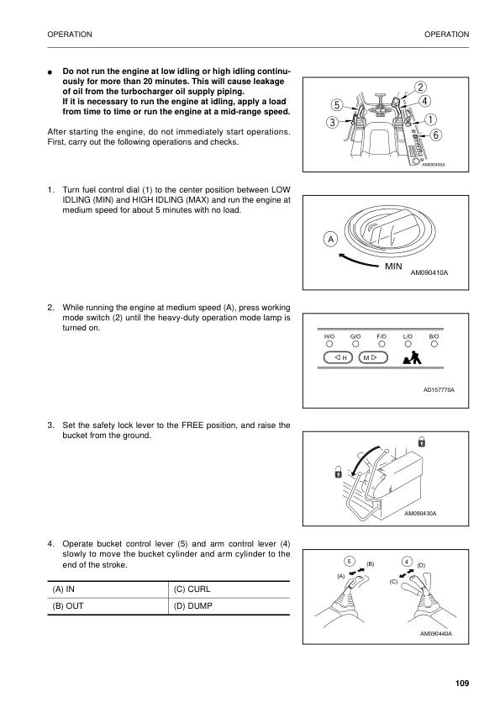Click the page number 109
pyautogui.click(x=461, y=681)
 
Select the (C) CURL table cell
pyautogui.click(x=229, y=589)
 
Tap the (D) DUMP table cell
pyautogui.click(x=229, y=606)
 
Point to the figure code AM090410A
pyautogui.click(x=430, y=273)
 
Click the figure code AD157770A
pyautogui.click(x=439, y=389)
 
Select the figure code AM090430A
pyautogui.click(x=425, y=513)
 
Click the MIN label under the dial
pyautogui.click(x=395, y=267)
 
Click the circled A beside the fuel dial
pyautogui.click(x=331, y=239)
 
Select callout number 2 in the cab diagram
pyautogui.click(x=419, y=87)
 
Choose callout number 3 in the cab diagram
pyautogui.click(x=333, y=123)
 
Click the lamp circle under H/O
pyautogui.click(x=329, y=343)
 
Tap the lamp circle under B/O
pyautogui.click(x=434, y=343)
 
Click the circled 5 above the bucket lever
pyautogui.click(x=349, y=561)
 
